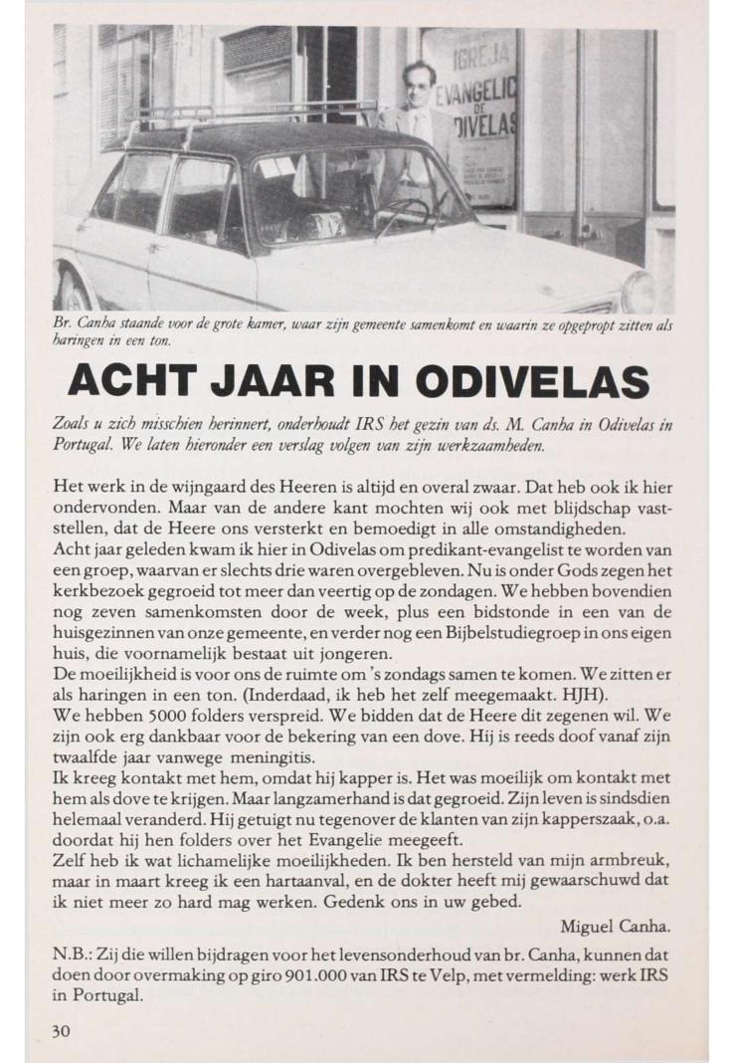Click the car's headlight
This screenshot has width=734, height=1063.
click(638, 291)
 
